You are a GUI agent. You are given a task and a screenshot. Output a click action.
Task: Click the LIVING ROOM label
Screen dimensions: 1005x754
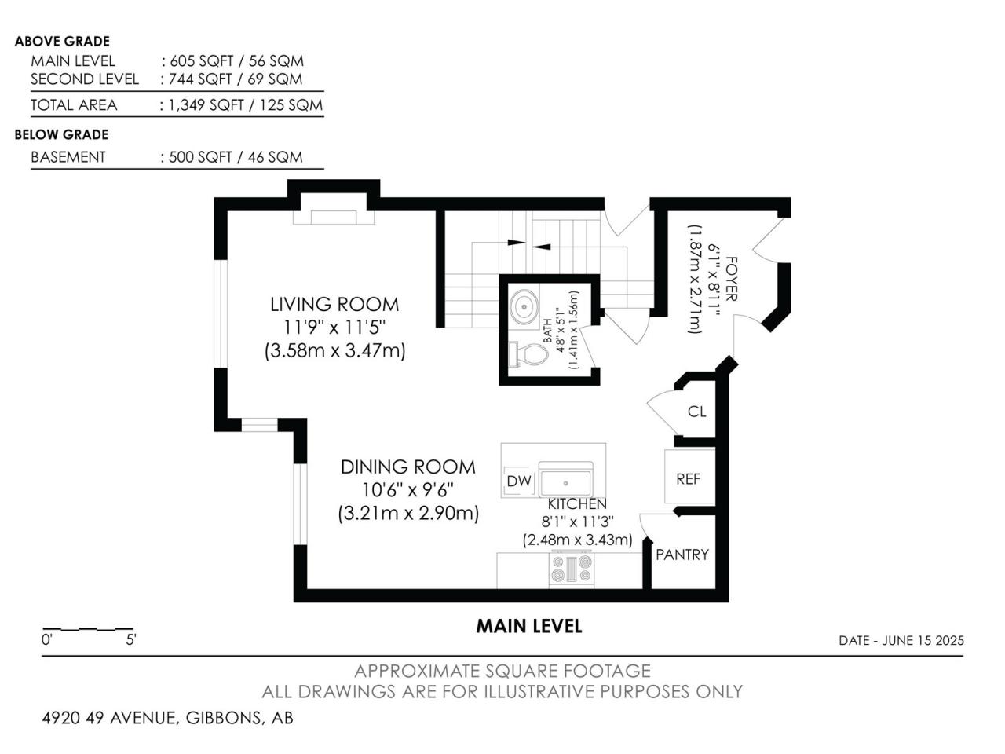[334, 305]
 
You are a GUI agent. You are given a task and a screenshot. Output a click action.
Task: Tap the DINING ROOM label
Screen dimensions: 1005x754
[408, 467]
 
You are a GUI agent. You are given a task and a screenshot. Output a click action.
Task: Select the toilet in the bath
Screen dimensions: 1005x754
[529, 354]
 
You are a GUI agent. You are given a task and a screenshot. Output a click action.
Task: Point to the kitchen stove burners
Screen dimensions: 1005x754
[572, 568]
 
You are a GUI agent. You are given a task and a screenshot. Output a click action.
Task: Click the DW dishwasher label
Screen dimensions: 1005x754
[519, 481]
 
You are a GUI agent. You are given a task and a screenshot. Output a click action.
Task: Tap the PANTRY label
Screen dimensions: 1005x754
[682, 555]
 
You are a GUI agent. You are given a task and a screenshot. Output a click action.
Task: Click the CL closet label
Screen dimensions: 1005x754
[697, 412]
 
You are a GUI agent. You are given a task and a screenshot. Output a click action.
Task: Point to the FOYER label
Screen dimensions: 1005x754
[732, 279]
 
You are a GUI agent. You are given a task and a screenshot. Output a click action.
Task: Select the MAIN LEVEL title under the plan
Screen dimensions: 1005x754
[529, 626]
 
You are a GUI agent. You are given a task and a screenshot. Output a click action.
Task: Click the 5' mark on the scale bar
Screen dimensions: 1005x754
[131, 639]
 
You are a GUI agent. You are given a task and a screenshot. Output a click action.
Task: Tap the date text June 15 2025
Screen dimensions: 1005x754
[923, 640]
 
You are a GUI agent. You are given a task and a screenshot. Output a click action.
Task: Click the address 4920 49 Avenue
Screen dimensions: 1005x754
[109, 718]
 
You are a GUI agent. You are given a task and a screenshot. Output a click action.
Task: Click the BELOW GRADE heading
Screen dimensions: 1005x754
[61, 134]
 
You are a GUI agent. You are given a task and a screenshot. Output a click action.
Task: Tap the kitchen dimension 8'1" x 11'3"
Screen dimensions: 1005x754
[577, 522]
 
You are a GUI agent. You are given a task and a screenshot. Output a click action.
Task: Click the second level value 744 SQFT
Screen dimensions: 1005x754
[200, 79]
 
